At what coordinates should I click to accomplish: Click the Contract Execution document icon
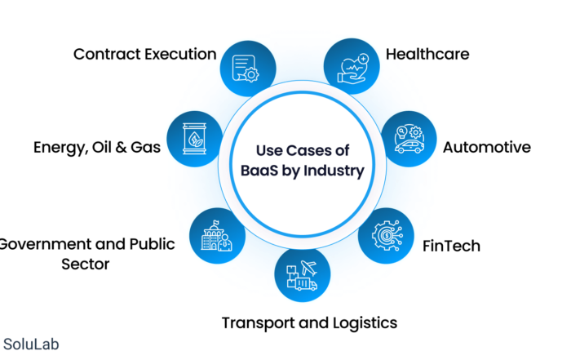coord(246,68)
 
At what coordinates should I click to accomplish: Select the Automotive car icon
coord(409,140)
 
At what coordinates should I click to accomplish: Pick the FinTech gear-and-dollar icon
coord(387,236)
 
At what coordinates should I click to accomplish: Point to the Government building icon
coord(217,236)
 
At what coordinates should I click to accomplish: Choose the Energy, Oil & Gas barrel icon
coord(194,139)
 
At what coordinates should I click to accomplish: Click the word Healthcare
coord(427,55)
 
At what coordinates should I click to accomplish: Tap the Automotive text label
coord(487,147)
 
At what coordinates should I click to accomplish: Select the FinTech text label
coord(451,246)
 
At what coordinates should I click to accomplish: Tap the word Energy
coord(61,148)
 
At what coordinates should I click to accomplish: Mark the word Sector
coord(85,264)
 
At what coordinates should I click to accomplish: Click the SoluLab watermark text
coord(31,344)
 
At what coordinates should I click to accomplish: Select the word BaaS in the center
coord(259,170)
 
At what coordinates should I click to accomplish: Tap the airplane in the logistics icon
coord(309,269)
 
